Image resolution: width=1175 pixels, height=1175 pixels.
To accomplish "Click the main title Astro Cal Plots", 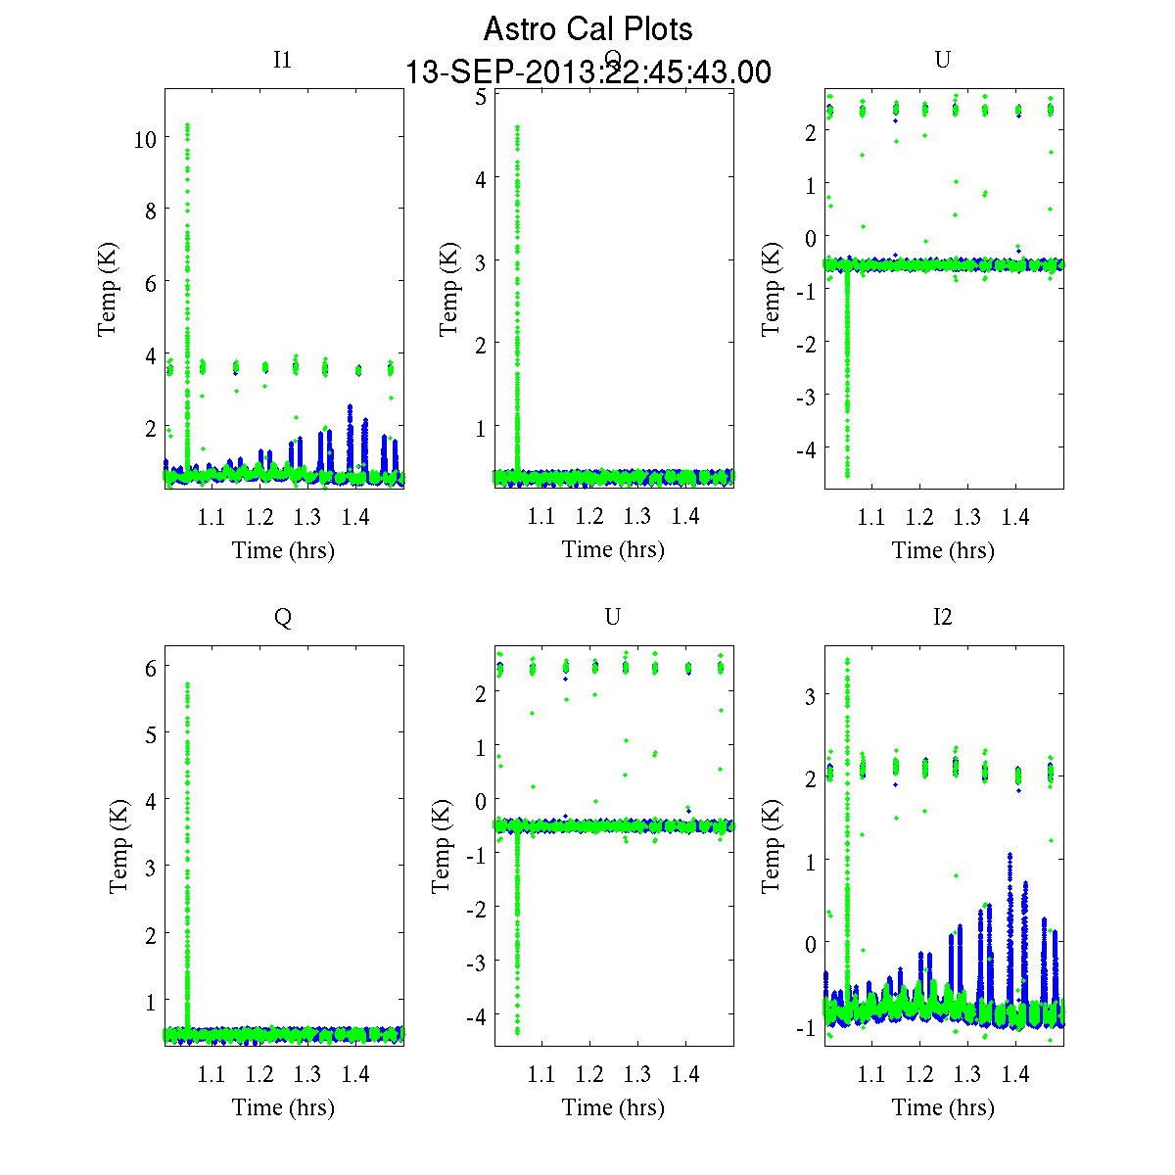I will point(587,29).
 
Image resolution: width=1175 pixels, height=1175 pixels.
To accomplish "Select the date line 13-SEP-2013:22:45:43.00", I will point(587,72).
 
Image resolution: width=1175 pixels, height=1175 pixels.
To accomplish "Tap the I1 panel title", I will point(282,60).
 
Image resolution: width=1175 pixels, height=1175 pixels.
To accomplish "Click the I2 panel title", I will point(942,617).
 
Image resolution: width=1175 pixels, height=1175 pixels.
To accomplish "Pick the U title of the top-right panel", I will point(942,60).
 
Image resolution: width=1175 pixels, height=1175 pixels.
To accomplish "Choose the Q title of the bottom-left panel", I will point(282,617).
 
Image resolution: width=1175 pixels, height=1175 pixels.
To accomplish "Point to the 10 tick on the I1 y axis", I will point(145,139).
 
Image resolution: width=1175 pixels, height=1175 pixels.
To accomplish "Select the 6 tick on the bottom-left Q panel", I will point(151,667).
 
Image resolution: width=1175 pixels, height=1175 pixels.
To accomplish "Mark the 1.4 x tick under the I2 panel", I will point(1015,1074).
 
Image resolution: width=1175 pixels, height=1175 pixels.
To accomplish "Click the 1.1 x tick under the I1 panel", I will point(211,517).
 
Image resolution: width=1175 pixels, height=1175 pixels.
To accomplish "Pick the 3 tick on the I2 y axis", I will point(810,695).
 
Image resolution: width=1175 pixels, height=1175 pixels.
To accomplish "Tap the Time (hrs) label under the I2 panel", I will point(943,1107).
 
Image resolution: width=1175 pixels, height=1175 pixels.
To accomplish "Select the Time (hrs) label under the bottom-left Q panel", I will point(283,1107).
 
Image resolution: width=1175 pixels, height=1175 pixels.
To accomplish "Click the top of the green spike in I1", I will point(187,125).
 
